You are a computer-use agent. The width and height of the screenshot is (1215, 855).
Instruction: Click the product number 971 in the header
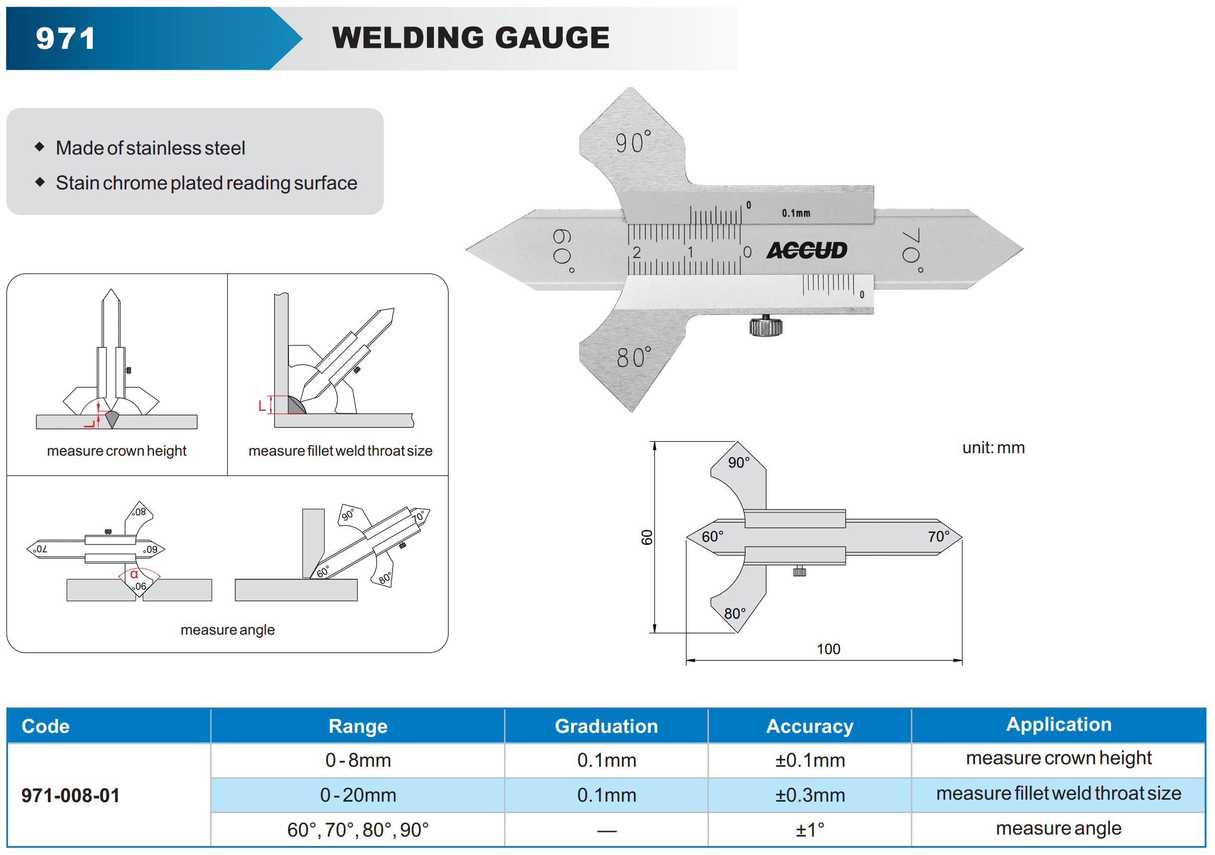[x=66, y=38]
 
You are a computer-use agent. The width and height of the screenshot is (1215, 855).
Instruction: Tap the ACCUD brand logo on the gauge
[x=807, y=251]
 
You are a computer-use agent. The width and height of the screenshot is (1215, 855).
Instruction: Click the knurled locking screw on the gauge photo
[x=765, y=326]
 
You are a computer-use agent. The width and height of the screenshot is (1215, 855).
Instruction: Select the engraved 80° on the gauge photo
[x=634, y=357]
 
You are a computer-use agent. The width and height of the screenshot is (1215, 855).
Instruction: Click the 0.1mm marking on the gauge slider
[x=796, y=213]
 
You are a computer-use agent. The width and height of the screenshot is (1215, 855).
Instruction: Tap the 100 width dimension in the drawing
[x=828, y=649]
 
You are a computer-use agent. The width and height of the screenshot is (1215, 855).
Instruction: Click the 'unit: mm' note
[x=993, y=448]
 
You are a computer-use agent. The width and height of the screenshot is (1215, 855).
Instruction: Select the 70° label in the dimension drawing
[x=939, y=536]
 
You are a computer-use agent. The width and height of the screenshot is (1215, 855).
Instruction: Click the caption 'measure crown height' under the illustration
[x=116, y=451]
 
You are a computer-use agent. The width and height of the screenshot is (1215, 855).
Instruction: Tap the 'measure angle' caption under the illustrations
[x=227, y=630]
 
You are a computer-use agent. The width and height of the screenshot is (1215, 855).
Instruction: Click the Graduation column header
[x=606, y=726]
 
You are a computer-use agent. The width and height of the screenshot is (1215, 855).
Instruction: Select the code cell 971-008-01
[x=70, y=795]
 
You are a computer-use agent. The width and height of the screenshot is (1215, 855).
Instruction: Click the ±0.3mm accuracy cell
[x=810, y=795]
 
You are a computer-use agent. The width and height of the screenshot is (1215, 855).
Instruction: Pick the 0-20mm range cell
[x=358, y=795]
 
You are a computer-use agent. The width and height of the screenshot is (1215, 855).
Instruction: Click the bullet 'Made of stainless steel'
[x=150, y=148]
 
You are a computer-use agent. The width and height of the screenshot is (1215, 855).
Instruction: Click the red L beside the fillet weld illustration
[x=262, y=406]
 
